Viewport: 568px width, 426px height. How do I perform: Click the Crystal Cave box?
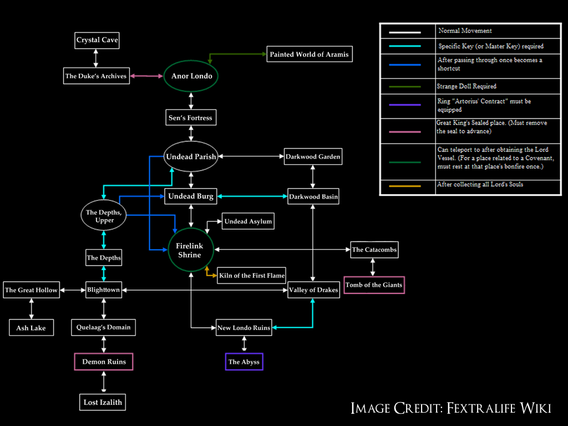(x=97, y=40)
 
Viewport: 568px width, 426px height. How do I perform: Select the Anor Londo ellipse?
(x=191, y=76)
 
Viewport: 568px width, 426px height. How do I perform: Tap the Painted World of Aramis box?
(x=310, y=54)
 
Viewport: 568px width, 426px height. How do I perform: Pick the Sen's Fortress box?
(x=190, y=118)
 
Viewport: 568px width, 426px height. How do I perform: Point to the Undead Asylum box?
(x=248, y=222)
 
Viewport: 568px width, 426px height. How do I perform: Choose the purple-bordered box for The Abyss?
(x=244, y=362)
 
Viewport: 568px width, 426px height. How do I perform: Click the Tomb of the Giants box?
(x=374, y=285)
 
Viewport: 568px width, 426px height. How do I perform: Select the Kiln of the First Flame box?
(x=252, y=275)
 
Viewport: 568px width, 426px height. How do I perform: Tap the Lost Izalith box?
(x=103, y=402)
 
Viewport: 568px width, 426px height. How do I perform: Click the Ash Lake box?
(x=31, y=328)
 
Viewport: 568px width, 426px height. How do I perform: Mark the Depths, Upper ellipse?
(x=104, y=216)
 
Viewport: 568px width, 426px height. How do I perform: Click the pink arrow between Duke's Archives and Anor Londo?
(x=147, y=76)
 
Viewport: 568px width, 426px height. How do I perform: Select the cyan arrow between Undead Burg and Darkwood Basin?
(x=252, y=196)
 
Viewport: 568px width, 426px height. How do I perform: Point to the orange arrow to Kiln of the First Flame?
(x=210, y=273)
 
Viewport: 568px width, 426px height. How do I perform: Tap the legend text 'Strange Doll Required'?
(x=467, y=86)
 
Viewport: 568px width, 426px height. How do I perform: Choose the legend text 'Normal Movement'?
(x=465, y=31)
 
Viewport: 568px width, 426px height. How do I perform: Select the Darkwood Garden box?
(x=313, y=157)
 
